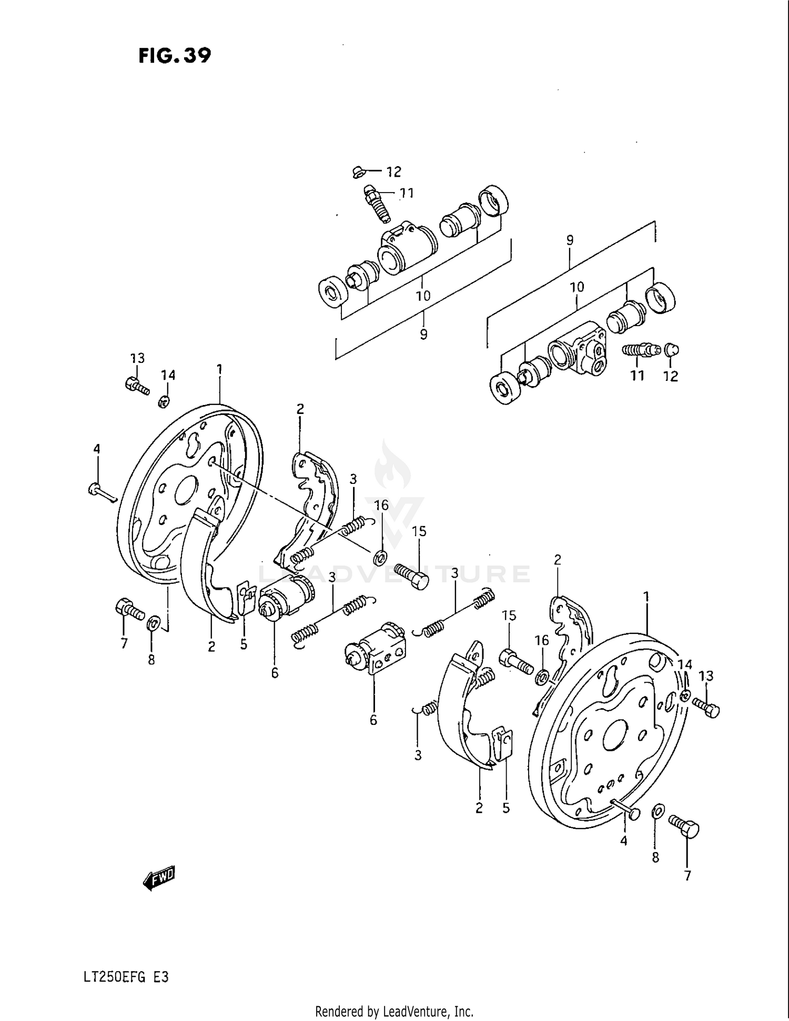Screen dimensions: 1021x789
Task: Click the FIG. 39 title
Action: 175,55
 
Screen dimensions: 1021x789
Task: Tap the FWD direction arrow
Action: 159,878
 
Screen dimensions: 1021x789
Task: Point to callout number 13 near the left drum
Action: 137,358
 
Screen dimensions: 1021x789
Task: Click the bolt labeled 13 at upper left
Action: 137,387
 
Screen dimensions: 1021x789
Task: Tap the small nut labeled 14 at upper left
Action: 164,402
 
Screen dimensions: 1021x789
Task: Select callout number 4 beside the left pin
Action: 97,449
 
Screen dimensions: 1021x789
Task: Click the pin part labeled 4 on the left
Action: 101,492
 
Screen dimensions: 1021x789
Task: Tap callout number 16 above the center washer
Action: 381,506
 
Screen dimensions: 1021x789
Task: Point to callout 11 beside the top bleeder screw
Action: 406,193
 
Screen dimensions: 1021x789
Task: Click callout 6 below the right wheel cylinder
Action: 373,720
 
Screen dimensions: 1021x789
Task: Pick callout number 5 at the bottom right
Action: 506,808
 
